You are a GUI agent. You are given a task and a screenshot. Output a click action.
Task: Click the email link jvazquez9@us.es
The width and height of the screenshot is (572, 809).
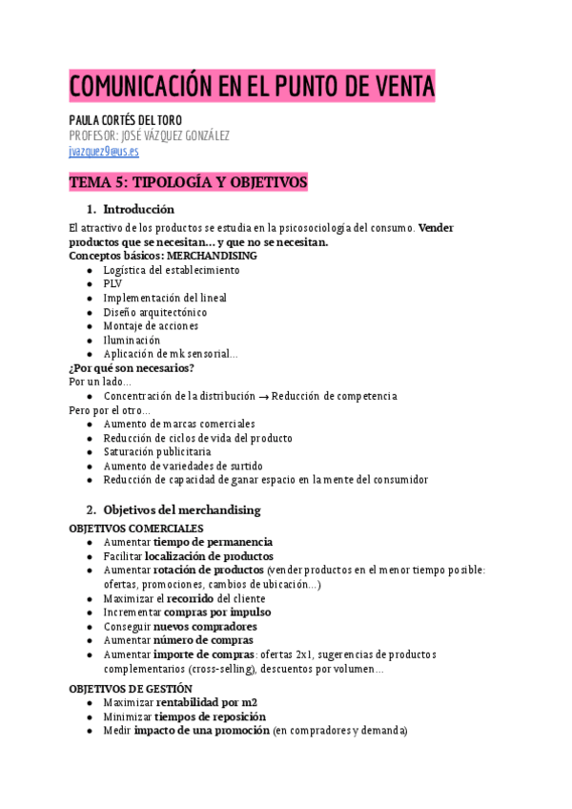[104, 151]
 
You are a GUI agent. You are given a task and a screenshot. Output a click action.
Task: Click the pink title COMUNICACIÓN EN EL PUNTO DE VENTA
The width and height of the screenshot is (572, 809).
[252, 88]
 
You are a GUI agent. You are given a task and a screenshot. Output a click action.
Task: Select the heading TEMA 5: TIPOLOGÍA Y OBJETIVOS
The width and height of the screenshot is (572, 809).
[188, 181]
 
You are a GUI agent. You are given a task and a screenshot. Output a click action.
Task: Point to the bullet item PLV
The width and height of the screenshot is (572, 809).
[112, 283]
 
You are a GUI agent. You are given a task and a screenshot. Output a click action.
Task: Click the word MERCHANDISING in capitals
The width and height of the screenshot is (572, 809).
[212, 256]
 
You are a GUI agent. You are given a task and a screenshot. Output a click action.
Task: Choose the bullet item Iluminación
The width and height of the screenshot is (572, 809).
[132, 340]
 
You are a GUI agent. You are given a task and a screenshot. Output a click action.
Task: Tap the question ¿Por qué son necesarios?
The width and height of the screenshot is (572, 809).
[132, 367]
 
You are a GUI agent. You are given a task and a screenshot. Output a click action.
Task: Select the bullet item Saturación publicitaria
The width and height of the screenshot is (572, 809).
[157, 451]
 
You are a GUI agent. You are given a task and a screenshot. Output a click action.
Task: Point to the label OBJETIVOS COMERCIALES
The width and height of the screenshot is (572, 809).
[136, 528]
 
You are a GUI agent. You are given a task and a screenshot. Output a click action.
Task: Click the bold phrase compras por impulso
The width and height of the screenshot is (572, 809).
[217, 612]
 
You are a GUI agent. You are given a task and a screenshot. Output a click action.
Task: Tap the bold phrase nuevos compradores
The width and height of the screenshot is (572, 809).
[205, 627]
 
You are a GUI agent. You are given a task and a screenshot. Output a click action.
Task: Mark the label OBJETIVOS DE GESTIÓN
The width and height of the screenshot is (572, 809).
[131, 688]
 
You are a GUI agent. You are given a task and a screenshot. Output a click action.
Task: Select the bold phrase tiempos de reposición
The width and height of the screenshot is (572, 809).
[211, 716]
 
